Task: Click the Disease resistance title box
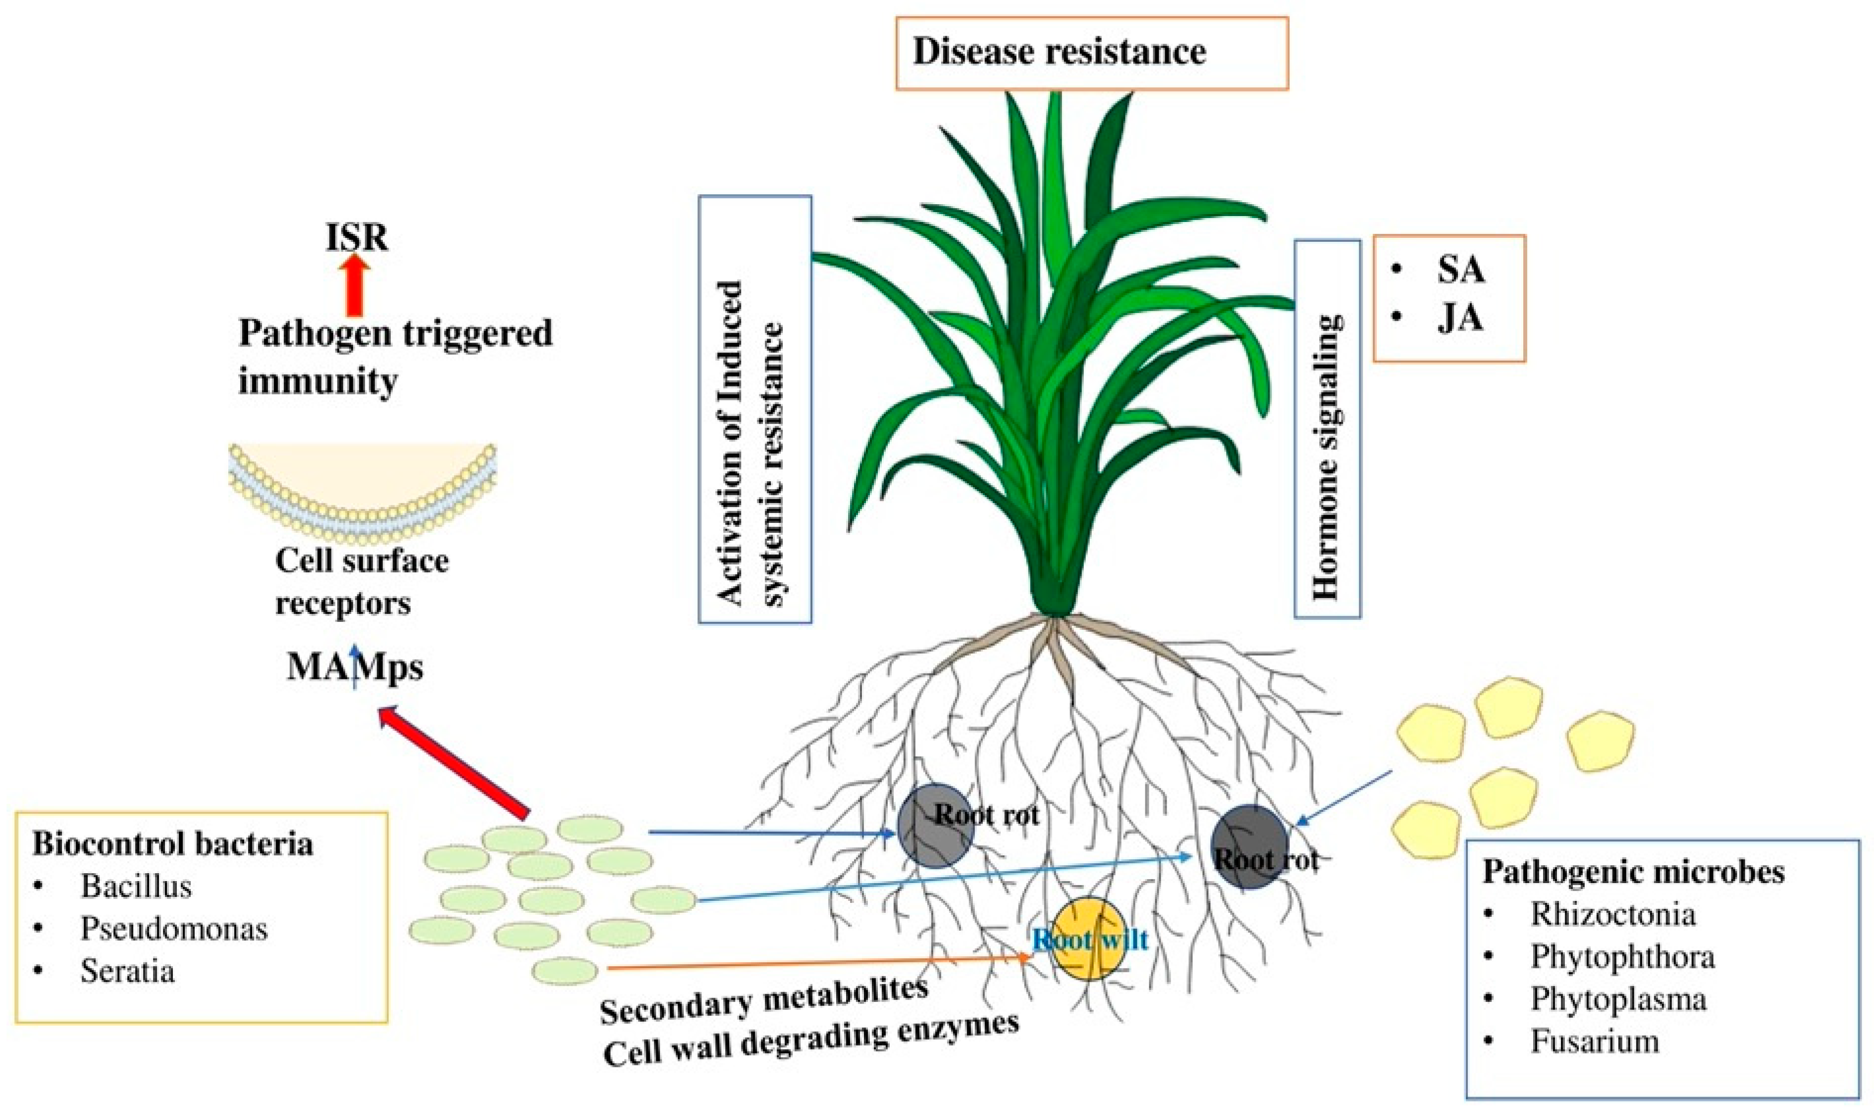pos(1091,53)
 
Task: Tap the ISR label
pos(357,238)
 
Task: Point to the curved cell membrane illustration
pos(362,495)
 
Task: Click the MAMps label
pos(355,667)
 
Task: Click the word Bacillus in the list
pos(136,887)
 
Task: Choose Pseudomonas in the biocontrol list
pos(174,929)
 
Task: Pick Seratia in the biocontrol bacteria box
pos(127,971)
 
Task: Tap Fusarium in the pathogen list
pos(1595,1042)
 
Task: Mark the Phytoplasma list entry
pos(1617,1000)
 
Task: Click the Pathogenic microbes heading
pos(1633,872)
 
